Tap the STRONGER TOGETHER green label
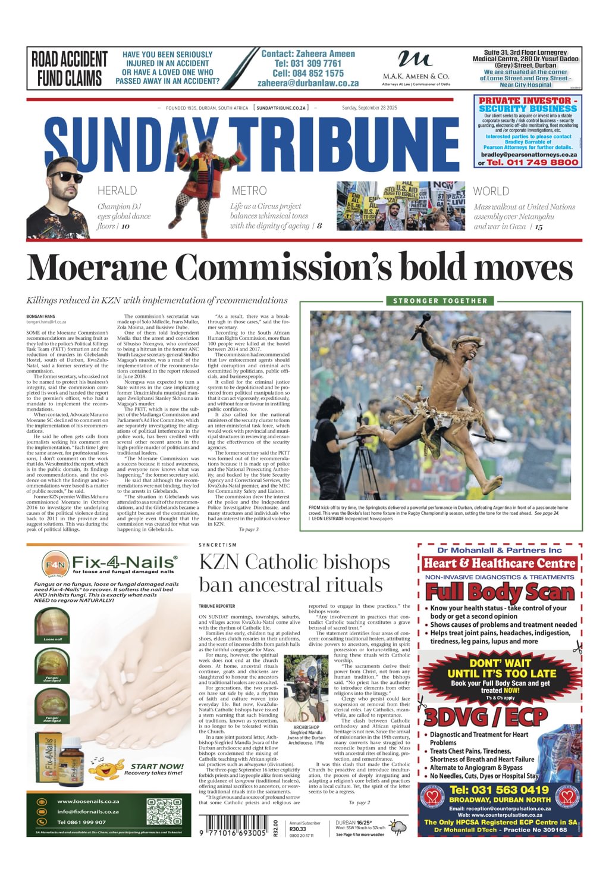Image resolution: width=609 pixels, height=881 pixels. (440, 301)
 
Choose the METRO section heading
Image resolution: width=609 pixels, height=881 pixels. (249, 191)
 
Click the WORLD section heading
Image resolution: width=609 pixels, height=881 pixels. (491, 192)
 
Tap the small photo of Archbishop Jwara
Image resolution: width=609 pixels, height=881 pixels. (306, 689)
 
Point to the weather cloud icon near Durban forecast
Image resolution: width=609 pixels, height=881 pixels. (398, 828)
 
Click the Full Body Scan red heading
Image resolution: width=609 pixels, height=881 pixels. (500, 592)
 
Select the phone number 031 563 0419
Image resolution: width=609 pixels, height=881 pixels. (499, 790)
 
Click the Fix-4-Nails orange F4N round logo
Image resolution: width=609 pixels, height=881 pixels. (55, 563)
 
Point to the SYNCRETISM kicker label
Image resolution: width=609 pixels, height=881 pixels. (218, 545)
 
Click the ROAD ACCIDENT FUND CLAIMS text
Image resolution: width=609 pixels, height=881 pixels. (70, 68)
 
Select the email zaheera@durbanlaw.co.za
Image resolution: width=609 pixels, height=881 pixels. (308, 83)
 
